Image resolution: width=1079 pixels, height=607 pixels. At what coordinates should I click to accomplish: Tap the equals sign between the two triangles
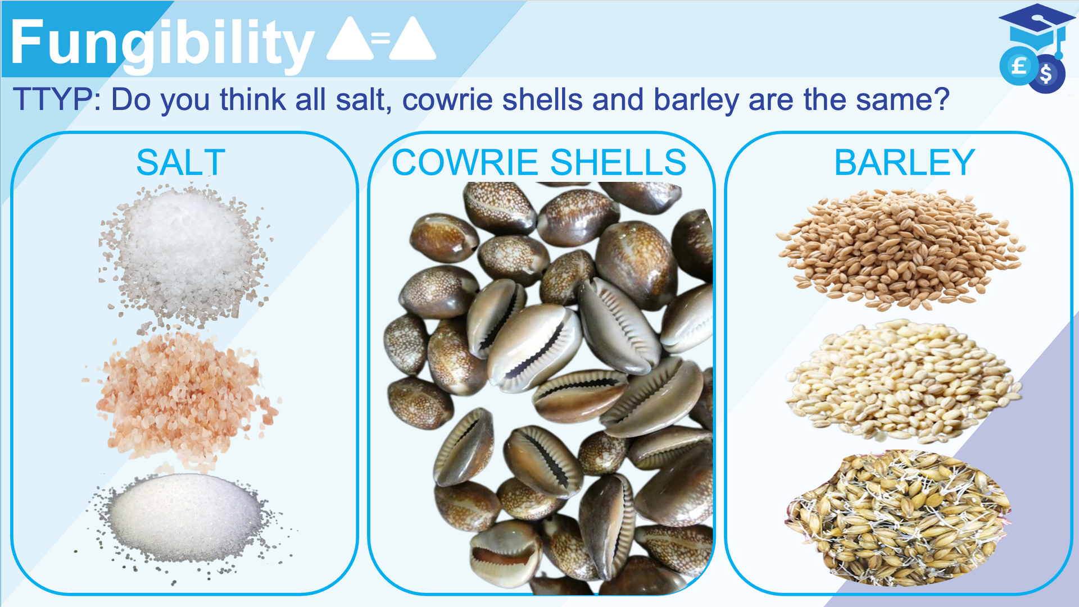tap(380, 38)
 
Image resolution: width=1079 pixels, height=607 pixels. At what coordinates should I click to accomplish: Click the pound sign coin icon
tap(1018, 66)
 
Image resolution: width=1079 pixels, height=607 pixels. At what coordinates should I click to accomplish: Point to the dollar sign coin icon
tap(1046, 74)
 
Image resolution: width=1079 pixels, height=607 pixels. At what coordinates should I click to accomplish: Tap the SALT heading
tap(181, 162)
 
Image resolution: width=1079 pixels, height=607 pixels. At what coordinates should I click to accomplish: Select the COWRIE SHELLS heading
tap(539, 162)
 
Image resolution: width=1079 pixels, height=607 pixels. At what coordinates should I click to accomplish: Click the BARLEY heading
tap(904, 162)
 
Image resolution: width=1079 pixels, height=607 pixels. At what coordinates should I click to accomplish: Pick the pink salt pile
tap(181, 397)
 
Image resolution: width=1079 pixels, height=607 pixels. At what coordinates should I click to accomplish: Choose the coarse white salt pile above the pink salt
tap(184, 255)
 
